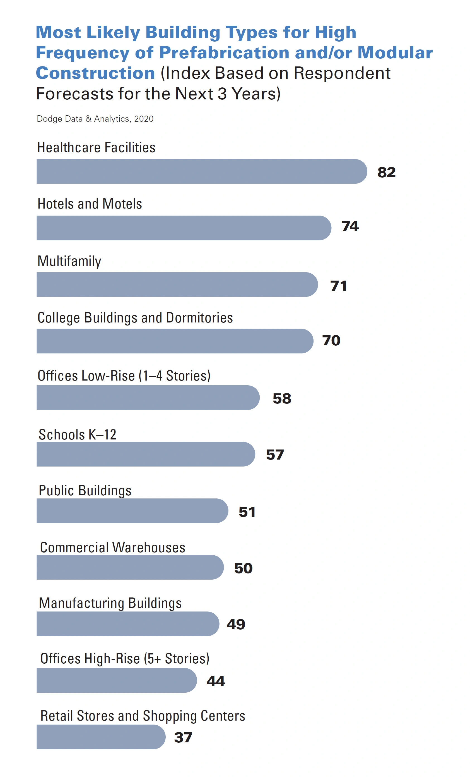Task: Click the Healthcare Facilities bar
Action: (202, 171)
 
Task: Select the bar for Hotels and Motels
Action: (184, 228)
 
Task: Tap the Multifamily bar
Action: (177, 284)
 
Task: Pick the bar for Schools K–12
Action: (146, 454)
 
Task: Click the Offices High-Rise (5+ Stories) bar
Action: (117, 680)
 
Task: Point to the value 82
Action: (386, 172)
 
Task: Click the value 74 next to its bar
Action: (350, 226)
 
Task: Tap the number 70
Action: (331, 340)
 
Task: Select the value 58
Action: (282, 398)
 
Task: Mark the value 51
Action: (247, 511)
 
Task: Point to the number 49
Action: (236, 624)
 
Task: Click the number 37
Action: (183, 737)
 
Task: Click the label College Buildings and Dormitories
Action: (135, 317)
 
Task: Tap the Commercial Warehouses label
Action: (112, 547)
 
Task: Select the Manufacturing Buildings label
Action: (110, 603)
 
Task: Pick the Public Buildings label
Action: (85, 490)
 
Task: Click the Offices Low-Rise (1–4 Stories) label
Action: (124, 376)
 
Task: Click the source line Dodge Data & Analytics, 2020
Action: (95, 119)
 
